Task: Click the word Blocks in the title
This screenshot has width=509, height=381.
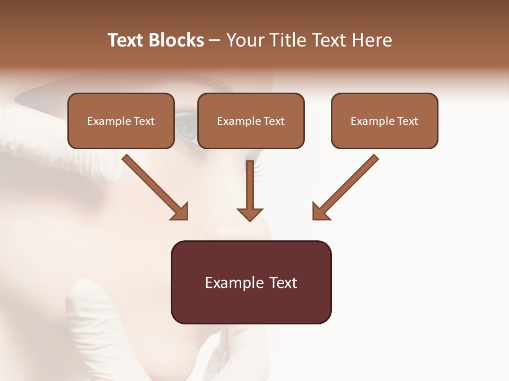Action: [x=175, y=40]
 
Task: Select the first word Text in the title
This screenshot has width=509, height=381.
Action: [x=126, y=40]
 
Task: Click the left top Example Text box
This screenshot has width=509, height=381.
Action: [x=121, y=121]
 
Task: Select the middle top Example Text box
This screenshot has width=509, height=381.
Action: [x=251, y=121]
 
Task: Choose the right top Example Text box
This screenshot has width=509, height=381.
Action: [x=384, y=121]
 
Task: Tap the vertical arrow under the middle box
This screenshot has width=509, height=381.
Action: [x=250, y=188]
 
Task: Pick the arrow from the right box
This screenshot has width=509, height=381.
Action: [x=347, y=185]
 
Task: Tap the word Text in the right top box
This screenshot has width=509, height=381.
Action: [x=408, y=121]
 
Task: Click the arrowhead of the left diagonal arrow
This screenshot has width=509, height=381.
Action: [x=180, y=212]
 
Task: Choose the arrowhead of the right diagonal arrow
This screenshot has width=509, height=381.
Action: [x=320, y=212]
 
